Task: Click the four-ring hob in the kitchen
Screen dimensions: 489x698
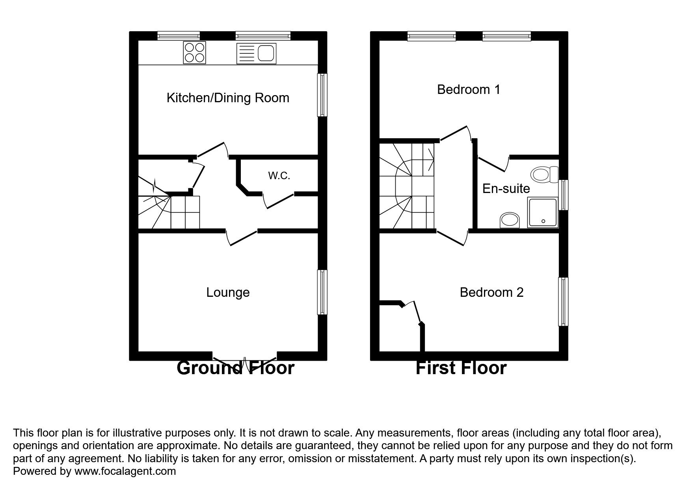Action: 195,53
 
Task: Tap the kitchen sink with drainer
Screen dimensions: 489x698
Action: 256,53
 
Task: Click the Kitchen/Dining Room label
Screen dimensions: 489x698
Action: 228,98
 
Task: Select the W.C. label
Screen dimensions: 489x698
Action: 279,176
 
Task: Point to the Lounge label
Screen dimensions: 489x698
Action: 228,292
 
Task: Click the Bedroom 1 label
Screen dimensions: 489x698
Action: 469,90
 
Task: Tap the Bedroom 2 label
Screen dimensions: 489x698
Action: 491,292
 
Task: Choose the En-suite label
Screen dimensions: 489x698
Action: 506,189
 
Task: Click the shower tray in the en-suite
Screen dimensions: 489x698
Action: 543,213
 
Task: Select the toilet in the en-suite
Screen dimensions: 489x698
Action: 544,174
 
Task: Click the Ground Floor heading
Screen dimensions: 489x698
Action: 235,368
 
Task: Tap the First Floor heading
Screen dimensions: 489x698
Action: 461,368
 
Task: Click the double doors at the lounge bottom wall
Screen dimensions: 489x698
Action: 245,360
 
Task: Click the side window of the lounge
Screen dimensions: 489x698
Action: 322,292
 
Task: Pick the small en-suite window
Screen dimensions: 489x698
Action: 564,195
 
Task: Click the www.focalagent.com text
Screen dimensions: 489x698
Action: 125,471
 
